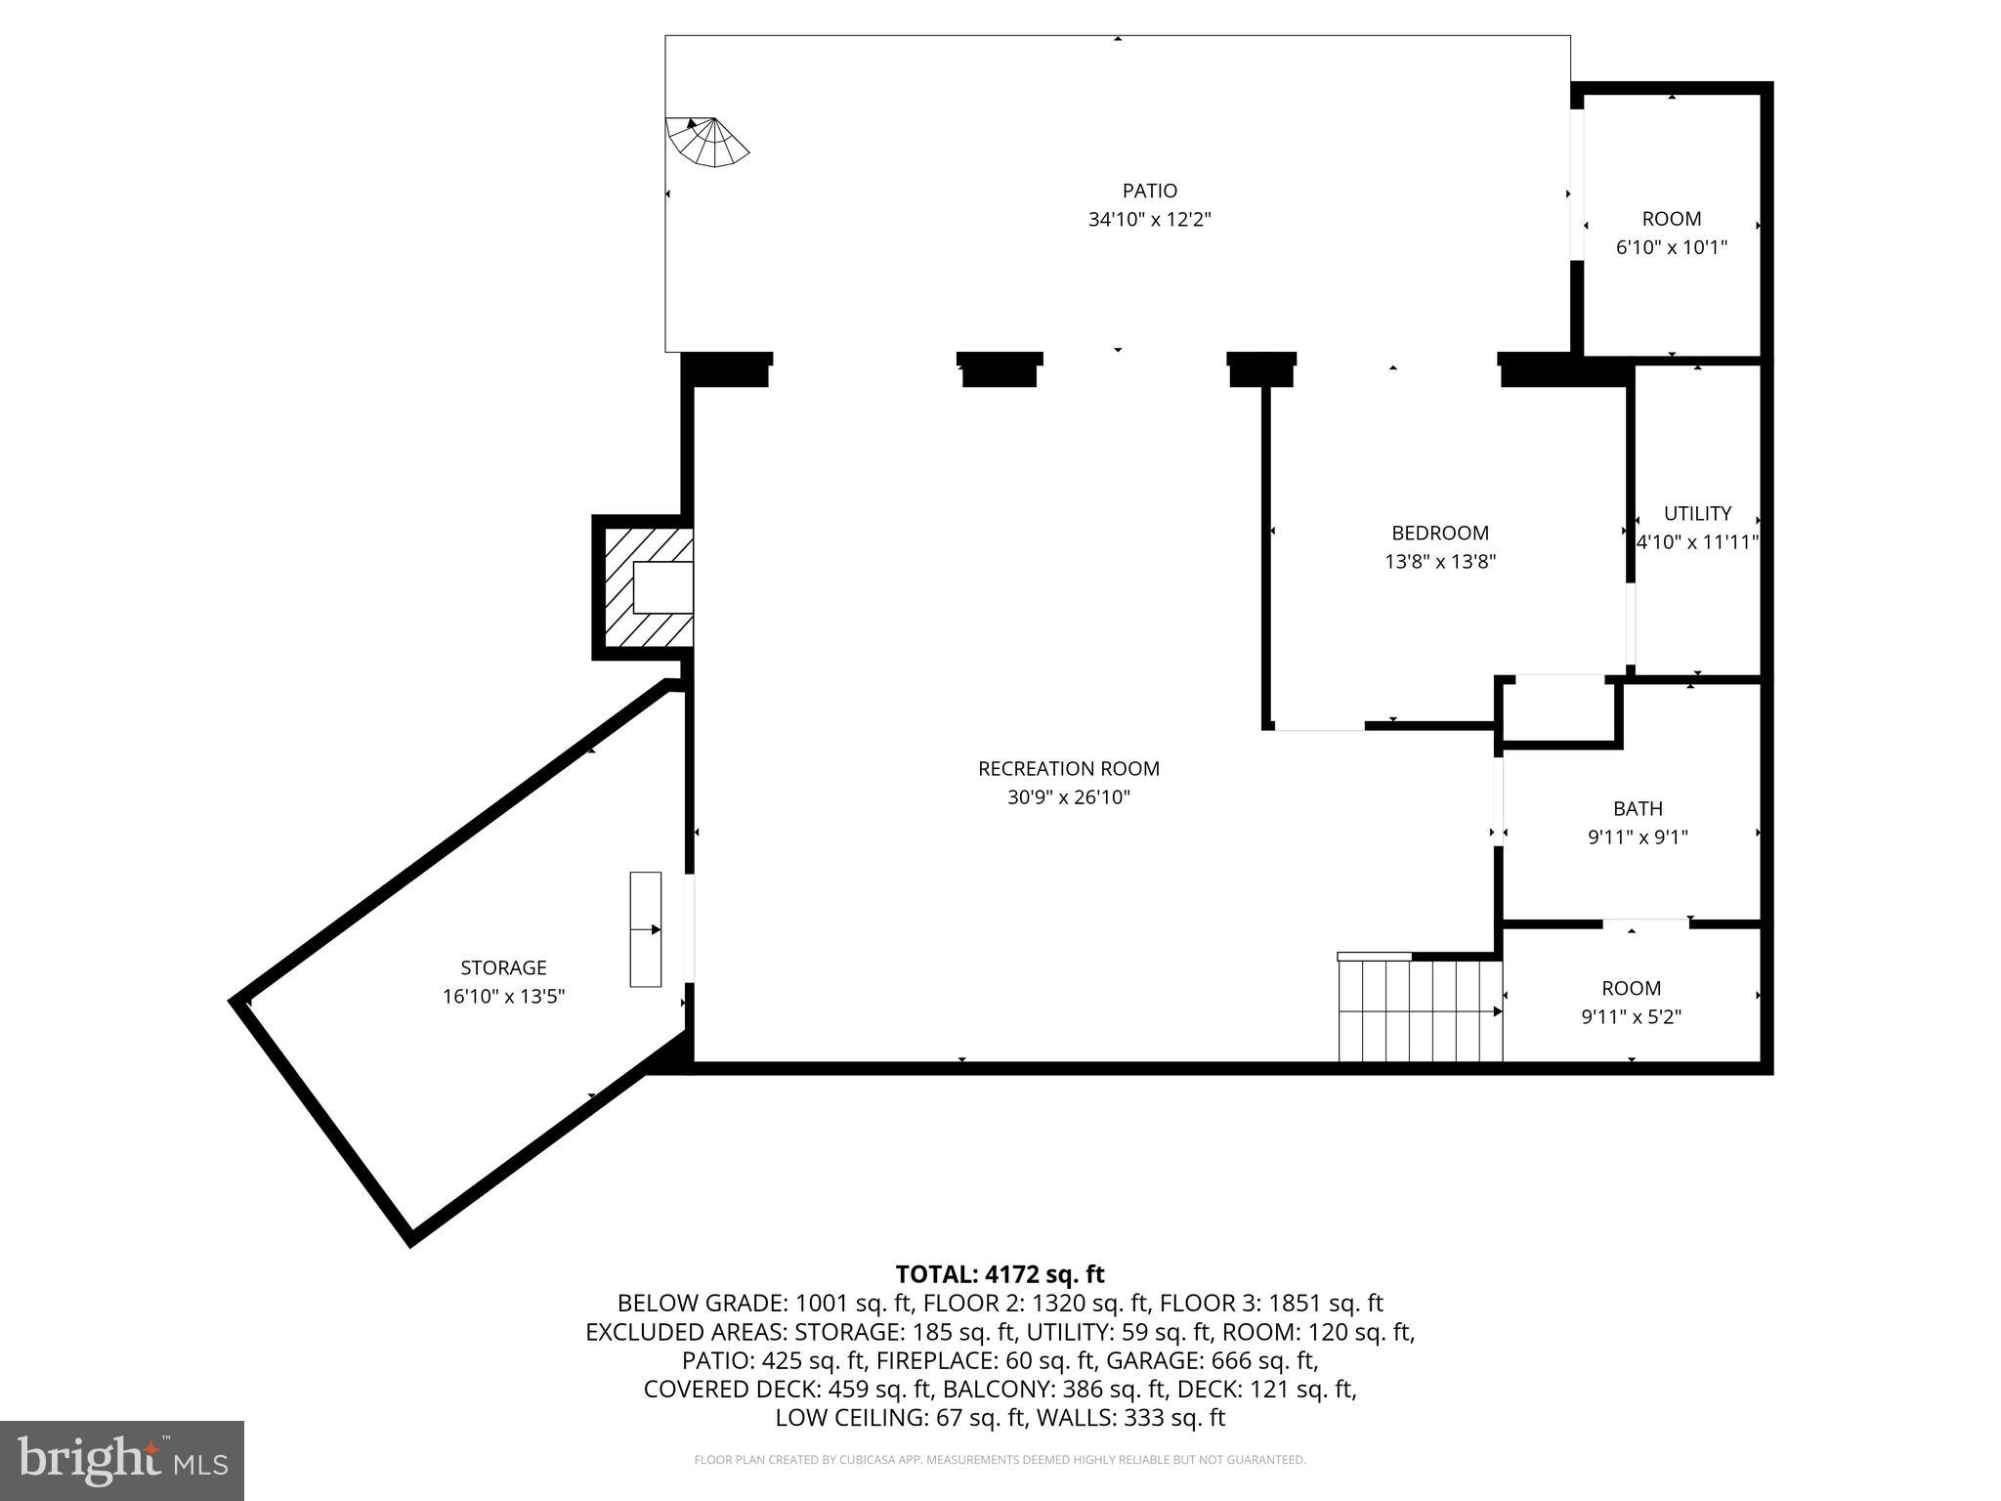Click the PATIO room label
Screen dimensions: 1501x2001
[x=1149, y=191]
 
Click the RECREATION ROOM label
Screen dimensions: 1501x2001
[x=1068, y=769]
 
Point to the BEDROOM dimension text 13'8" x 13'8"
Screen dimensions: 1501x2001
[x=1439, y=562]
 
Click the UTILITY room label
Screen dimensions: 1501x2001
[x=1697, y=513]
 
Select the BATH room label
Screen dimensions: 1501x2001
[x=1637, y=808]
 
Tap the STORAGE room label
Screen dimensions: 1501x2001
[x=503, y=967]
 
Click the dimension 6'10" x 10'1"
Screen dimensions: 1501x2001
[x=1671, y=248]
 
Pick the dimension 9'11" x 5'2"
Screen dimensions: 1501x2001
[x=1631, y=1017]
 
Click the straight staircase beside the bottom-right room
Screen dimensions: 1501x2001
[x=1420, y=1010]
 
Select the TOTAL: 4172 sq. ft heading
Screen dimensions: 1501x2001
[x=1000, y=1274]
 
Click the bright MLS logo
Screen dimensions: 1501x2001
[x=122, y=1460]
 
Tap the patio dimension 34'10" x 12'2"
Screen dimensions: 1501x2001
[x=1149, y=220]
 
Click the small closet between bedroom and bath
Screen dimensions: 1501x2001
[x=1557, y=712]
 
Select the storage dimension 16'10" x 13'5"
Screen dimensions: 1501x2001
[x=503, y=997]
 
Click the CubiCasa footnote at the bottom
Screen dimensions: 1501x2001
[x=1000, y=1460]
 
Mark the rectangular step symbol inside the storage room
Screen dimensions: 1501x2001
[x=645, y=928]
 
